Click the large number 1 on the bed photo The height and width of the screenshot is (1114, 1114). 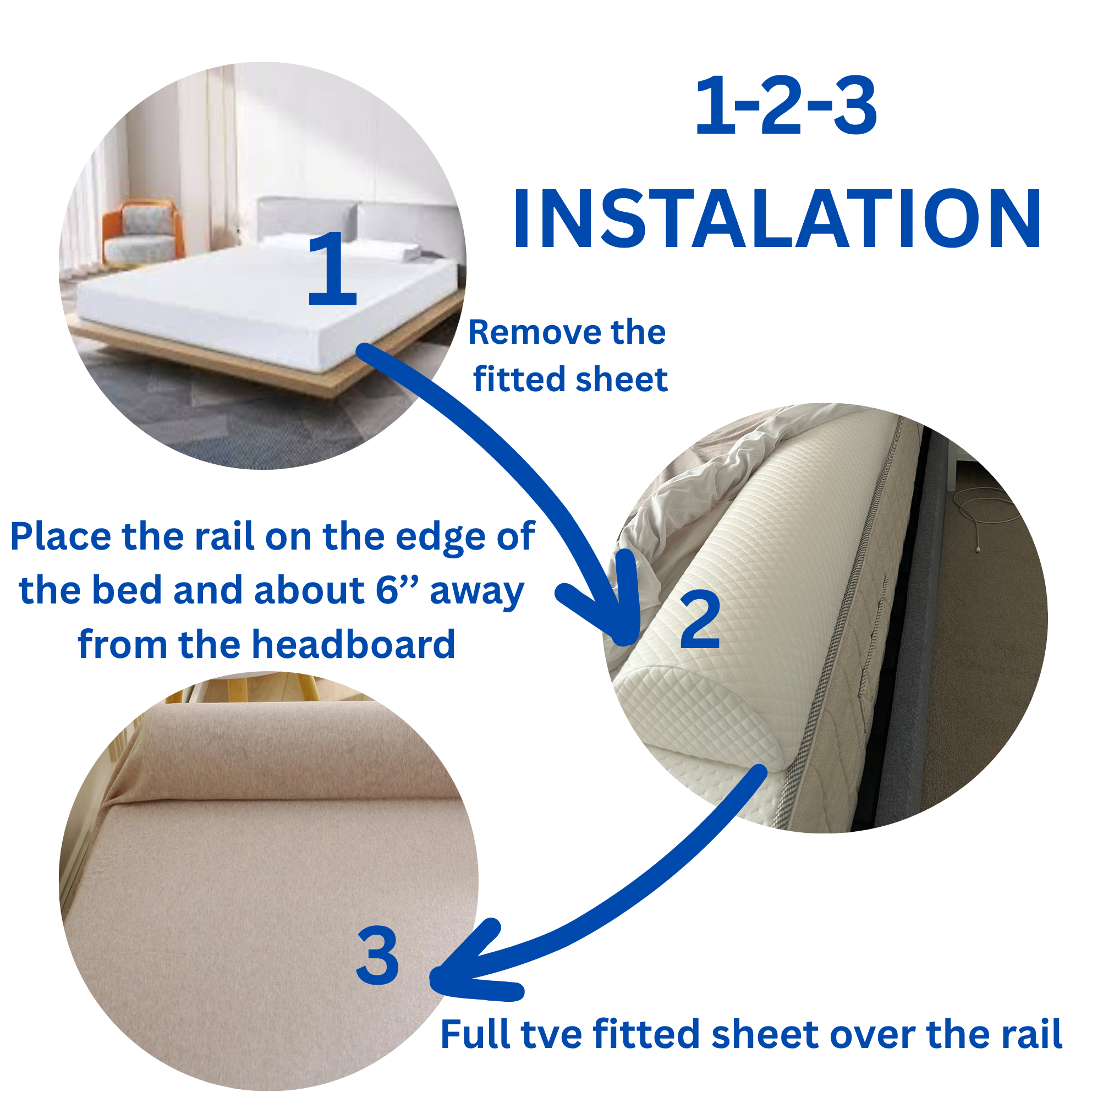point(332,268)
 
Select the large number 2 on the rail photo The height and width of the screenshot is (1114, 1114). point(700,621)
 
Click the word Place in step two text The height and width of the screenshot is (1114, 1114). point(61,536)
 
